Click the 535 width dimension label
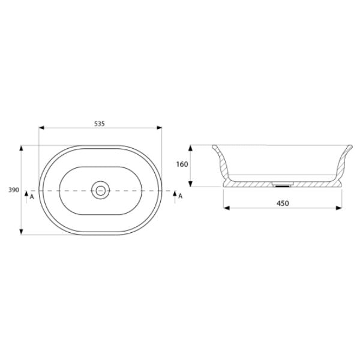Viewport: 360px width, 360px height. (100, 124)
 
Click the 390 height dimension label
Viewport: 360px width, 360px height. (12, 190)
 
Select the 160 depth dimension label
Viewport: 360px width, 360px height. (182, 164)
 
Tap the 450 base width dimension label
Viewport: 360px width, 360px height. (283, 203)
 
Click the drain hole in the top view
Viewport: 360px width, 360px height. (101, 190)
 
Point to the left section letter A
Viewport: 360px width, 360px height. (31, 196)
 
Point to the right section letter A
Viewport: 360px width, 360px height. (179, 196)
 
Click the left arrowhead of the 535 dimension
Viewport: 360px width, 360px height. (41, 128)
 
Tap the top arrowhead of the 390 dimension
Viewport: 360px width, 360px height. (22, 147)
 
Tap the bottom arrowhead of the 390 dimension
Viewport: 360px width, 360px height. (22, 233)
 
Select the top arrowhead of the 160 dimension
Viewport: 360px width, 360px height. (190, 146)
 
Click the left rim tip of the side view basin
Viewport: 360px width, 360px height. (214, 146)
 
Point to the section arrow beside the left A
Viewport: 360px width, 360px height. (26, 195)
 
